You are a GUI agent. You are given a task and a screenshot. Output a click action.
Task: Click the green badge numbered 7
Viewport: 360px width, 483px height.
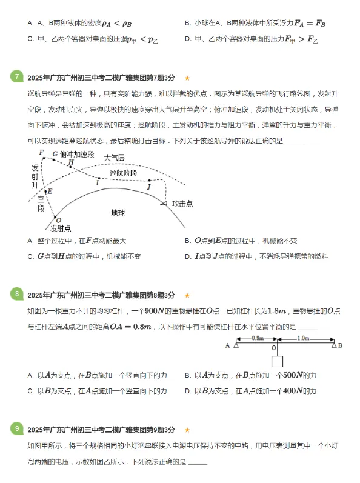(17, 76)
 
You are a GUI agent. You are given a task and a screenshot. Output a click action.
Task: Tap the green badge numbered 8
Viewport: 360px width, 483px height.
(17, 294)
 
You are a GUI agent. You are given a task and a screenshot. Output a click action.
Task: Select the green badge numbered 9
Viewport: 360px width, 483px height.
(17, 429)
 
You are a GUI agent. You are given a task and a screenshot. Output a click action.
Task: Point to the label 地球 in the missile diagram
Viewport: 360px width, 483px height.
(118, 213)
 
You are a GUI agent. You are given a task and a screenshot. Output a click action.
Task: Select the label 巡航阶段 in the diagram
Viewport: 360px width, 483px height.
(123, 173)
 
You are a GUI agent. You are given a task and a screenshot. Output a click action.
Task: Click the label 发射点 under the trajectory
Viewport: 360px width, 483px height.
(60, 228)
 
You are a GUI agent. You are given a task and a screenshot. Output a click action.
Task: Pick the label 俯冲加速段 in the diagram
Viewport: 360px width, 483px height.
(77, 154)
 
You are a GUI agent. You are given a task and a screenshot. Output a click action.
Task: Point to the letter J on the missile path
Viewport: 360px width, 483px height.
(148, 187)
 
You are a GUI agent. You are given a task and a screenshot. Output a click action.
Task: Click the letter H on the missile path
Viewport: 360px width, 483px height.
(71, 162)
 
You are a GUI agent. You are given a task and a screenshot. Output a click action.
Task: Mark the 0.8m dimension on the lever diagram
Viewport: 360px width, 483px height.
(257, 338)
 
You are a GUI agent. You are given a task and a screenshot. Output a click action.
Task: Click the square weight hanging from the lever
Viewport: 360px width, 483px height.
(278, 362)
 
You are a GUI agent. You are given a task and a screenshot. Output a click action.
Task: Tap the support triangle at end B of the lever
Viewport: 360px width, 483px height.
(334, 345)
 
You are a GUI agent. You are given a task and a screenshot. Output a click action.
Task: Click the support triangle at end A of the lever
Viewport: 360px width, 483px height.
(237, 345)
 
